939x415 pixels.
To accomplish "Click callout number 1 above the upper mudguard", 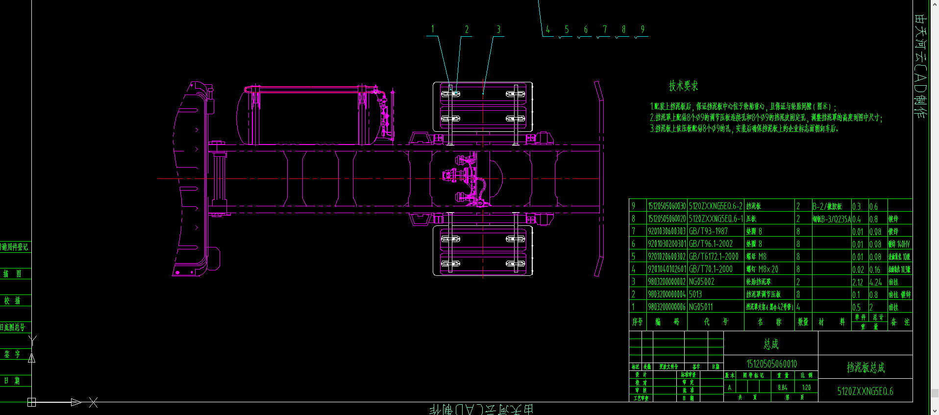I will coord(433,29).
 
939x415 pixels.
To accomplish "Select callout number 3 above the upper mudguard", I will coord(498,29).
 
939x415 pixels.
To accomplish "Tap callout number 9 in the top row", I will coord(642,29).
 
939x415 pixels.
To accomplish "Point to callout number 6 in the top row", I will coord(586,29).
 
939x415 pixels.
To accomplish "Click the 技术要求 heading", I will coord(683,86).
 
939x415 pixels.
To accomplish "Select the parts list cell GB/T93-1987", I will coord(708,231).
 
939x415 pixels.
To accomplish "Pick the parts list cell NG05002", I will coord(702,282).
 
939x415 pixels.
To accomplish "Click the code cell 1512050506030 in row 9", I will coord(667,206).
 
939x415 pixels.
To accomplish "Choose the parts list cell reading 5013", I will coord(695,294).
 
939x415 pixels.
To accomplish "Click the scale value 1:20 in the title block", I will coord(806,387).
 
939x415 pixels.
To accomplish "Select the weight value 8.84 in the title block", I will coord(782,387).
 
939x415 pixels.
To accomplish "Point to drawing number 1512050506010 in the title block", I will coord(771,364).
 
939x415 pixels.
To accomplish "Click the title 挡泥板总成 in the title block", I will coord(865,367).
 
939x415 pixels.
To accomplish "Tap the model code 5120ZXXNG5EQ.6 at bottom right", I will coord(865,391).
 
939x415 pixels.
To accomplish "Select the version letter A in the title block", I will coord(729,387).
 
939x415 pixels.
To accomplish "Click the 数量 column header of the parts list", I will coord(803,322).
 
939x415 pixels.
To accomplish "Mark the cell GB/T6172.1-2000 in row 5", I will coord(714,257).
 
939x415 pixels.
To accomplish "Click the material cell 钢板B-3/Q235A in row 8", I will coord(831,219).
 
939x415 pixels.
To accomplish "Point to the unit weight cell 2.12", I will coord(858,282).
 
